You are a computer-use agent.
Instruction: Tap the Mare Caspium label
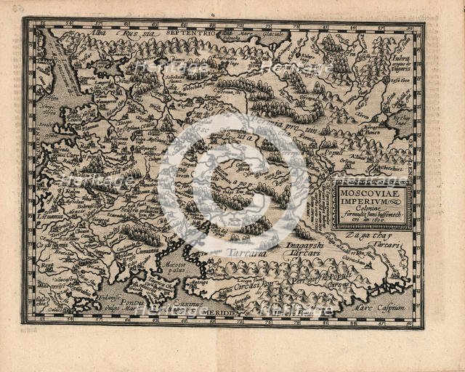click(389, 308)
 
